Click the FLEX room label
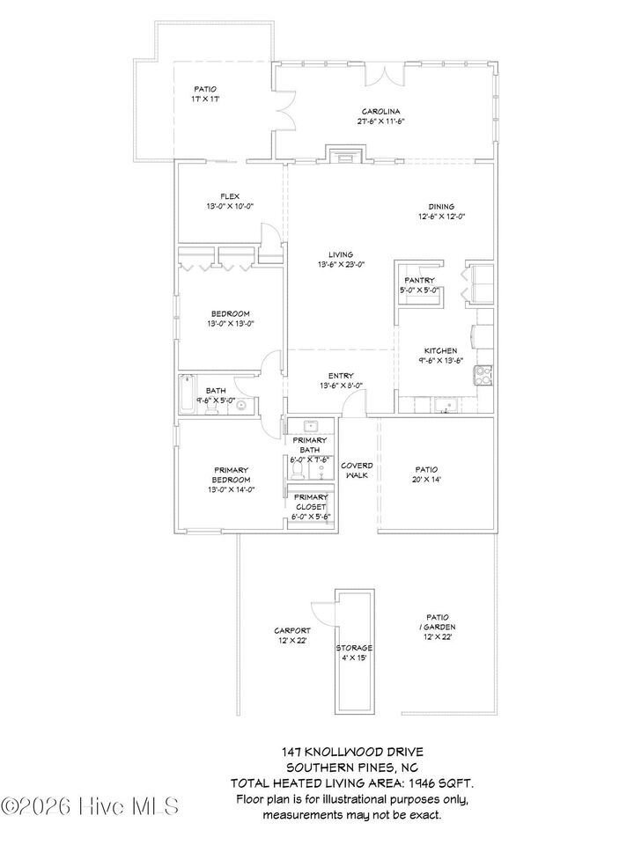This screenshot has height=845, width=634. tap(229, 196)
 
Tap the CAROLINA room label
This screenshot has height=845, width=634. tap(380, 112)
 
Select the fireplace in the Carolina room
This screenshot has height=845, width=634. tap(339, 154)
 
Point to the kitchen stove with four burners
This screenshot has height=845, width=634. tap(483, 375)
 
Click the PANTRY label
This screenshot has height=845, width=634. tap(419, 281)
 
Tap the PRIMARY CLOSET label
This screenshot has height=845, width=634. tap(310, 502)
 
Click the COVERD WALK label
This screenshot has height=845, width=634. tap(357, 470)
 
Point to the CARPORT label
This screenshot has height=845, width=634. tap(291, 631)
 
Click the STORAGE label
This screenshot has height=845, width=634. tap(354, 648)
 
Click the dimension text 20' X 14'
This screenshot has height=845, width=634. tap(426, 481)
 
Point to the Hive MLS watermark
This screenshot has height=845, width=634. tap(91, 805)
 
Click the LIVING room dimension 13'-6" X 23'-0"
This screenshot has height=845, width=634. tap(342, 264)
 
